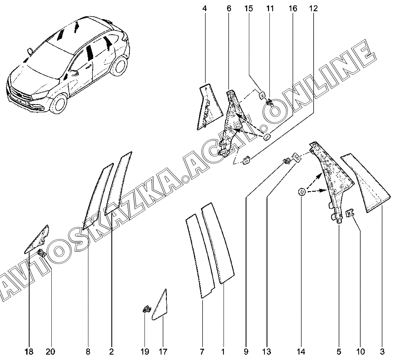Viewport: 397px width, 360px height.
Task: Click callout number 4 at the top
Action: [205, 9]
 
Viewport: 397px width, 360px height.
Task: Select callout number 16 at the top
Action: [293, 9]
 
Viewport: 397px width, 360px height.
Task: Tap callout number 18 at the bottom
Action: [29, 352]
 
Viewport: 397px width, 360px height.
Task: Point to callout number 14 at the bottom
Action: [301, 352]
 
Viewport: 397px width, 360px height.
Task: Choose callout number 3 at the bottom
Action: [382, 352]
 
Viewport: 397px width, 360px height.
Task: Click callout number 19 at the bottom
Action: [145, 352]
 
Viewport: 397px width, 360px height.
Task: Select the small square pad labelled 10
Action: [350, 213]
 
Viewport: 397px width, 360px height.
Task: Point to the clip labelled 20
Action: [42, 253]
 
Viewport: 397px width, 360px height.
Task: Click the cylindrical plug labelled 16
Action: [267, 137]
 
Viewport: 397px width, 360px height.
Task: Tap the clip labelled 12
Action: [246, 159]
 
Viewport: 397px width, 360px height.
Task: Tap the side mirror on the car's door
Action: [75, 73]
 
